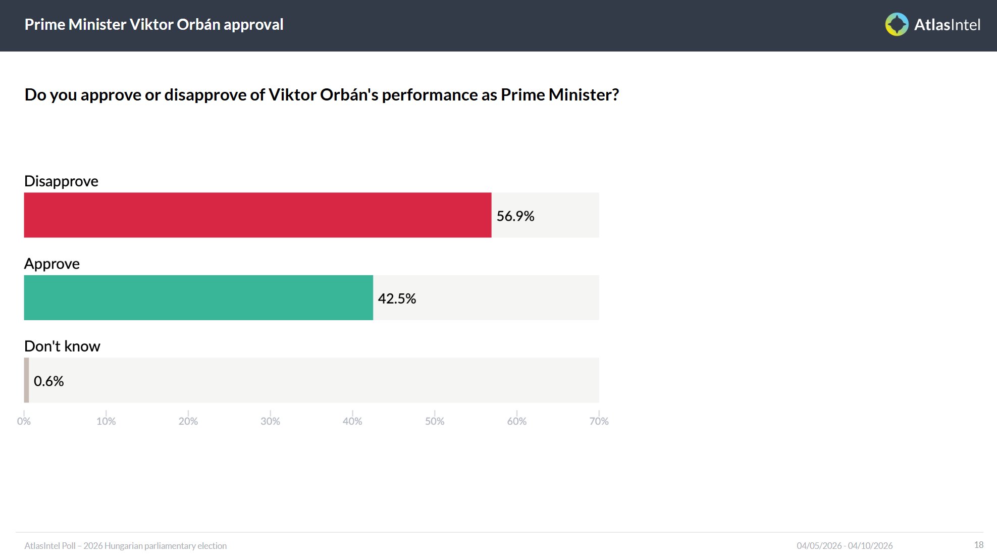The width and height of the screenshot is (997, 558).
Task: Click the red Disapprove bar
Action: (x=257, y=215)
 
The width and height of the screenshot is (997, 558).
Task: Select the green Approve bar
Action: (x=198, y=297)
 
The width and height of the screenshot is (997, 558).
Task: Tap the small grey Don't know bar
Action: (x=26, y=380)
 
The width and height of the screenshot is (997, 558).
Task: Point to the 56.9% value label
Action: (x=515, y=216)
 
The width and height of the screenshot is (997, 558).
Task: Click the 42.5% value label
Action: (x=397, y=298)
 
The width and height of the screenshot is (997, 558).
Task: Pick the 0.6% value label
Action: (x=48, y=381)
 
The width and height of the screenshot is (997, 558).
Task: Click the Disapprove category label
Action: (x=61, y=181)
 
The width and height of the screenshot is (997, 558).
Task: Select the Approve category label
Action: (x=52, y=264)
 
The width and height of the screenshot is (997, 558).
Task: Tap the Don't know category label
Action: (x=62, y=346)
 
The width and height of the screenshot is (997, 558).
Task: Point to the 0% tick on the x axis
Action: (x=24, y=421)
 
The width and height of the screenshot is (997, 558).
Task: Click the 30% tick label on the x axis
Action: (x=270, y=421)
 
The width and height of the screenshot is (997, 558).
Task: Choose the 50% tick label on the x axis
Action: (x=434, y=421)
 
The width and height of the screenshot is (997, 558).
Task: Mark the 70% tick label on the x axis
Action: (x=599, y=421)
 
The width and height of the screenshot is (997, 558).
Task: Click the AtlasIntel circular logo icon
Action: (x=897, y=24)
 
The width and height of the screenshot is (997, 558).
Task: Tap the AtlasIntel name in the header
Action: (x=947, y=25)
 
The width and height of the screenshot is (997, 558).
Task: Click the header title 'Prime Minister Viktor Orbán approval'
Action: (x=154, y=24)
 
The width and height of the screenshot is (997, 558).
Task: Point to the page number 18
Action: (x=978, y=545)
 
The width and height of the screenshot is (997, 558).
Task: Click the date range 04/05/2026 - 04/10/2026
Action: (x=845, y=546)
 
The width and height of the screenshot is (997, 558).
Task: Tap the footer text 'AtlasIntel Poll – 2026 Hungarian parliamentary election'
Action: (x=126, y=546)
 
